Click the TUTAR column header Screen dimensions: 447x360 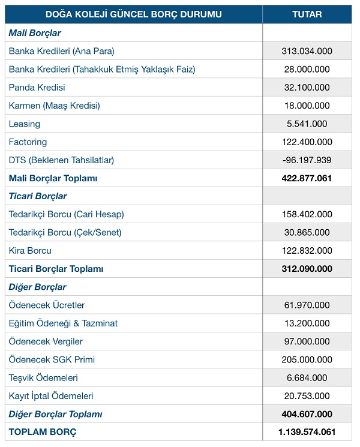pos(307,14)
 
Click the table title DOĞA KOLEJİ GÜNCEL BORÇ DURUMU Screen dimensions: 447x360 pos(133,14)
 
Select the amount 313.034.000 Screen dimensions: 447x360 pos(307,51)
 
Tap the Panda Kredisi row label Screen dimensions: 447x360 pos(37,88)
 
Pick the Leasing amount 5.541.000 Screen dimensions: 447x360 pos(307,124)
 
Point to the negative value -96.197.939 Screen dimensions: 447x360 pos(307,160)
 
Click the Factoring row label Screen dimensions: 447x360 pos(28,142)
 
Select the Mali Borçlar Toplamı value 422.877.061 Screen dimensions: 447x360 pos(307,178)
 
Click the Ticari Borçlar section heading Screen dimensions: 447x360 pos(38,196)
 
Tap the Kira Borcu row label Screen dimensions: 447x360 pos(30,251)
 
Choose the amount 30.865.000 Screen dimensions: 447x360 pos(307,232)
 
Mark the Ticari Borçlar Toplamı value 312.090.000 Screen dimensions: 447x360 pos(307,269)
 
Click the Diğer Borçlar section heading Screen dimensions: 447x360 pos(37,287)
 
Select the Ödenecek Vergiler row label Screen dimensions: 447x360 pos(46,341)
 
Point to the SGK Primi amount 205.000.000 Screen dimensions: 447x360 pos(307,359)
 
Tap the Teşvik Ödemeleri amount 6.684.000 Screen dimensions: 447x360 pos(307,378)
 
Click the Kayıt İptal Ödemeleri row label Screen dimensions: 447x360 pos(51,396)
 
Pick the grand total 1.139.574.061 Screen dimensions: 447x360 pos(307,432)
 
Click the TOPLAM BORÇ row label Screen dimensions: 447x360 pos(43,432)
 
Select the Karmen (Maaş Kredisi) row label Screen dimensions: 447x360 pos(54,106)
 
